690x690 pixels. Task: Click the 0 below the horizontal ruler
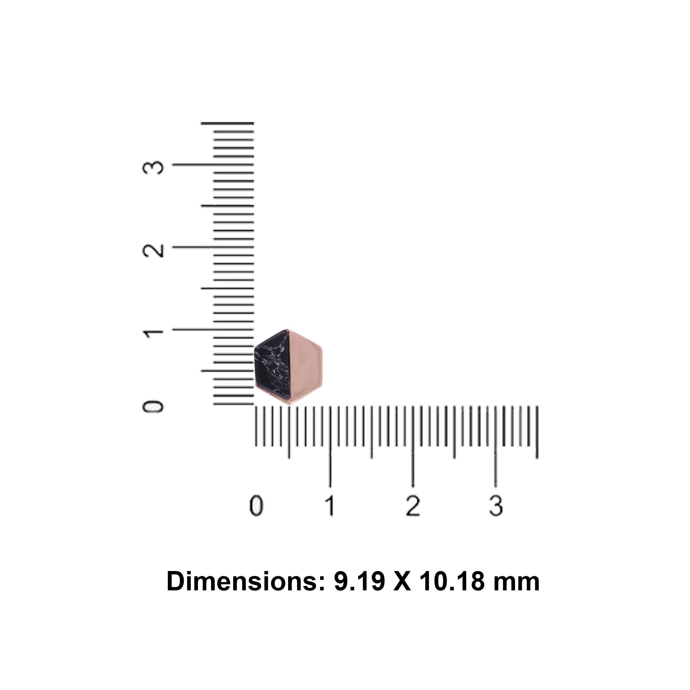tap(256, 506)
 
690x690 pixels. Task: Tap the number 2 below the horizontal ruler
tap(413, 506)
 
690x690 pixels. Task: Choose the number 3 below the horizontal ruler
tap(496, 506)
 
